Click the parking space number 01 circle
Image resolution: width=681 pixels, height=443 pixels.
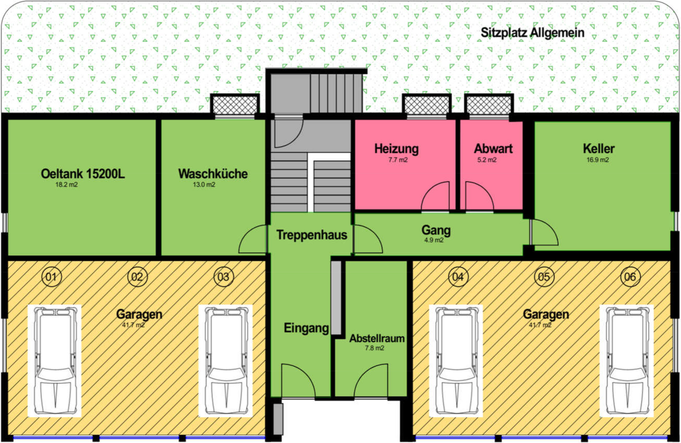51,277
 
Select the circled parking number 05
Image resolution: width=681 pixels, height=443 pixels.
544,277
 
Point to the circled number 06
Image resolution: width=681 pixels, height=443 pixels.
630,277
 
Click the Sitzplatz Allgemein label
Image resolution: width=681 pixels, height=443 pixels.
532,33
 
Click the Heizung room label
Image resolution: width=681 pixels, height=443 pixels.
397,149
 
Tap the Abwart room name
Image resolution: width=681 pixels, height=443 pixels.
493,149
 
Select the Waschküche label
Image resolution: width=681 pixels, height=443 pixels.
213,174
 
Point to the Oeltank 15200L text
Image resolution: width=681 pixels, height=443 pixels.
83,174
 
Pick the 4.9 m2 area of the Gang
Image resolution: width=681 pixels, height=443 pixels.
434,240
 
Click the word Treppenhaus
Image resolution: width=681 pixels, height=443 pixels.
312,235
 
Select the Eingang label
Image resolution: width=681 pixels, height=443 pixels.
306,328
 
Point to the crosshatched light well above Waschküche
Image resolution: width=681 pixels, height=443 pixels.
235,105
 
